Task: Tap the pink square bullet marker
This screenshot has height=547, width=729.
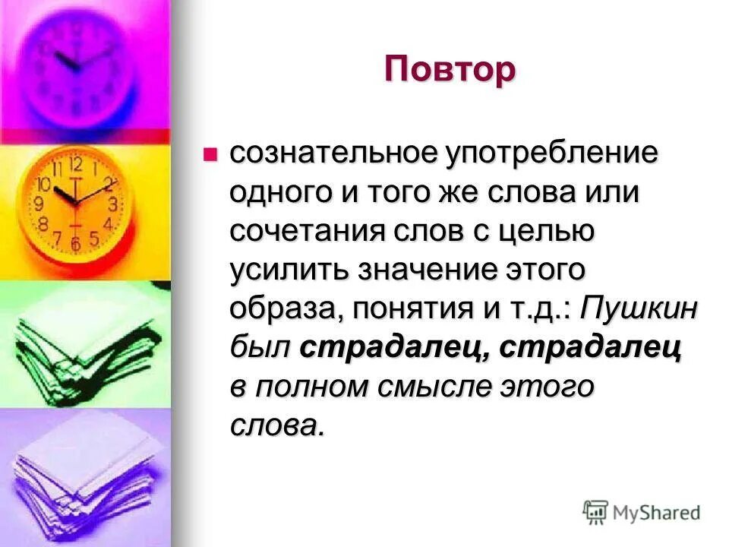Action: click(x=210, y=155)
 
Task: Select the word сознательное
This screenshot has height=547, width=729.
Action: click(x=333, y=153)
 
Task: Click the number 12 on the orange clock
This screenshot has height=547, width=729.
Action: click(x=76, y=163)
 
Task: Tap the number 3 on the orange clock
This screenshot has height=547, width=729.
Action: click(x=113, y=204)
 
